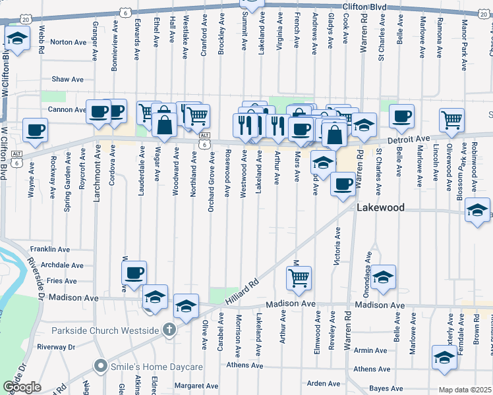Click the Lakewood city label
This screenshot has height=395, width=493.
click(380, 207)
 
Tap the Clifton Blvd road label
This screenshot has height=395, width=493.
click(364, 6)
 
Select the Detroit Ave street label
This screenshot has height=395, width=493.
click(409, 139)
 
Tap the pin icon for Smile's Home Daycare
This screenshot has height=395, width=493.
click(100, 364)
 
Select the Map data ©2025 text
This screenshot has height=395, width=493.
click(465, 390)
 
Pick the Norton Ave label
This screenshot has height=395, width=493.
click(69, 42)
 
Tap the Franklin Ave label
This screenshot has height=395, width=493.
click(50, 250)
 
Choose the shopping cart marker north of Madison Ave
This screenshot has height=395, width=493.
click(299, 278)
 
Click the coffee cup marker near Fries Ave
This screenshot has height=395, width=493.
click(134, 273)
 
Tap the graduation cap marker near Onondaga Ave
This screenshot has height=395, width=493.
click(383, 278)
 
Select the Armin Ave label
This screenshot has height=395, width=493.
click(366, 351)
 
